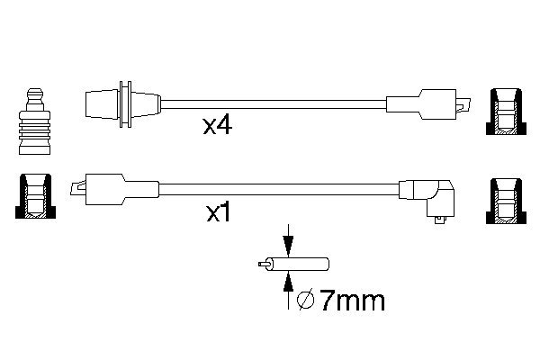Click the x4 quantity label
click(x=217, y=125)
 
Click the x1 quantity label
click(x=220, y=214)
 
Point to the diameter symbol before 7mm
click(x=305, y=300)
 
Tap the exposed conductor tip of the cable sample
click(x=263, y=265)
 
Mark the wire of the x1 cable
click(x=270, y=189)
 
